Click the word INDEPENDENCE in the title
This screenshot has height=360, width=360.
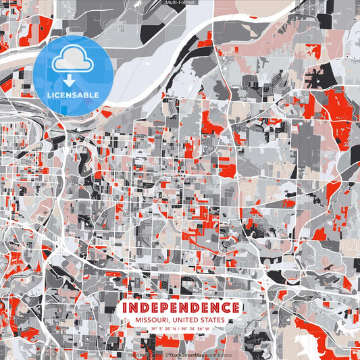(x=180, y=308)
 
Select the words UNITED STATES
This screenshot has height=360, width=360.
(x=199, y=320)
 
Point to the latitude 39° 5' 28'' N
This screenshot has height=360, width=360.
(x=164, y=329)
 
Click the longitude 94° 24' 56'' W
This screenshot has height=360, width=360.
(x=197, y=329)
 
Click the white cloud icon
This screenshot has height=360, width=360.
(x=72, y=61)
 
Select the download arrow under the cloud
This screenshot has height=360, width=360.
(x=72, y=80)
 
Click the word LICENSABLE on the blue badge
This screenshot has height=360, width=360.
(x=72, y=95)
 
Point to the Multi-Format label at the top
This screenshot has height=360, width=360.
(x=180, y=3)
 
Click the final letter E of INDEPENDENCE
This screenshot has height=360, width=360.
(x=235, y=308)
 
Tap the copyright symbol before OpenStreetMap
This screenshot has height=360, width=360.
(x=166, y=355)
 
